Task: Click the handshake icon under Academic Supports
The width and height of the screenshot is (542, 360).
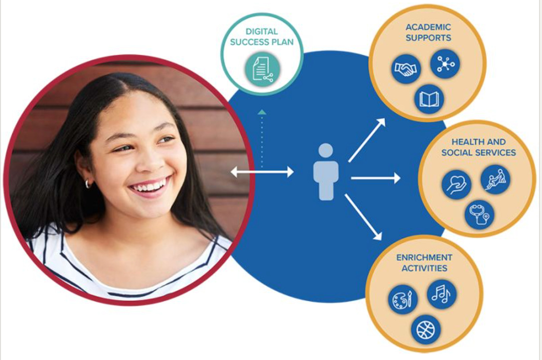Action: (x=406, y=70)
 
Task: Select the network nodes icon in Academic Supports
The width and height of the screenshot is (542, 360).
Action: (x=444, y=63)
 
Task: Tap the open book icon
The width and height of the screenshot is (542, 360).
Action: (x=428, y=99)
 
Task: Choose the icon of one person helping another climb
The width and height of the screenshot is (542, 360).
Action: (x=495, y=179)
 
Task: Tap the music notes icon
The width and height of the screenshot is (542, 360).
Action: (x=441, y=294)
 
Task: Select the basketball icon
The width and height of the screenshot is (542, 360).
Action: (x=425, y=330)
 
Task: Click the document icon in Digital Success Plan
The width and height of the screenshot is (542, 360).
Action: (x=263, y=69)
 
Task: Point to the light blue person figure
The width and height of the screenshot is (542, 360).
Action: (x=326, y=172)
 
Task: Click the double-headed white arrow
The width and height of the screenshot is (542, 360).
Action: (x=262, y=172)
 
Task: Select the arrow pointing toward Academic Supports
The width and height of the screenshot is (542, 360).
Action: (x=367, y=140)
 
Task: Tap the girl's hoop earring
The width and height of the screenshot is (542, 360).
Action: (x=88, y=183)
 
